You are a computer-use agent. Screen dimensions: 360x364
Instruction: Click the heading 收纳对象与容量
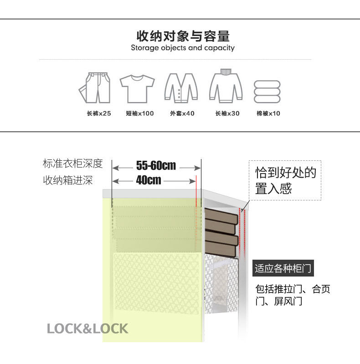pos(183,36)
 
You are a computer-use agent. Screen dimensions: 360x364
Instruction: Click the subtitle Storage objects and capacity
pos(183,48)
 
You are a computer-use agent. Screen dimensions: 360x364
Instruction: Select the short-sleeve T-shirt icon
pos(137,88)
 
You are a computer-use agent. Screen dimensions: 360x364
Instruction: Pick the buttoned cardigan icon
pos(181,87)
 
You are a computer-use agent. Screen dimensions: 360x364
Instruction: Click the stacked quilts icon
pos(267,92)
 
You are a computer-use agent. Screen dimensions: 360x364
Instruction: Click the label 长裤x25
pos(99,113)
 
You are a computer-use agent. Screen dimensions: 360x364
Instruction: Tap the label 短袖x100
pos(140,113)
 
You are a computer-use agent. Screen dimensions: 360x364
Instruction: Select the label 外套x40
pos(182,113)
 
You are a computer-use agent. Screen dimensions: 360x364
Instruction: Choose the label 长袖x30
pos(227,113)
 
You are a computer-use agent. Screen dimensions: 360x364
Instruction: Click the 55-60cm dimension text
pos(156,165)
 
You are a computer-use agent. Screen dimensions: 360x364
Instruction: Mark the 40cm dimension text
pos(149,180)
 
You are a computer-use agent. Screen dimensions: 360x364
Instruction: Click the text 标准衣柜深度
pos(73,164)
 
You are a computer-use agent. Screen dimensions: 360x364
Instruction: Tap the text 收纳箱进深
pos(68,180)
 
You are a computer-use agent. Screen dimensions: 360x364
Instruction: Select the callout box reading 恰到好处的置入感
pos(285,180)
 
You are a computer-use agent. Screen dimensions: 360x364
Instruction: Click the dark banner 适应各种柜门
pos(283,268)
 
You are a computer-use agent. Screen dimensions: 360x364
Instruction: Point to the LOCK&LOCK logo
pos(87,328)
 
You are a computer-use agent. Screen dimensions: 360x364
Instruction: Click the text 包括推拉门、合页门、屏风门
pos(293,295)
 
